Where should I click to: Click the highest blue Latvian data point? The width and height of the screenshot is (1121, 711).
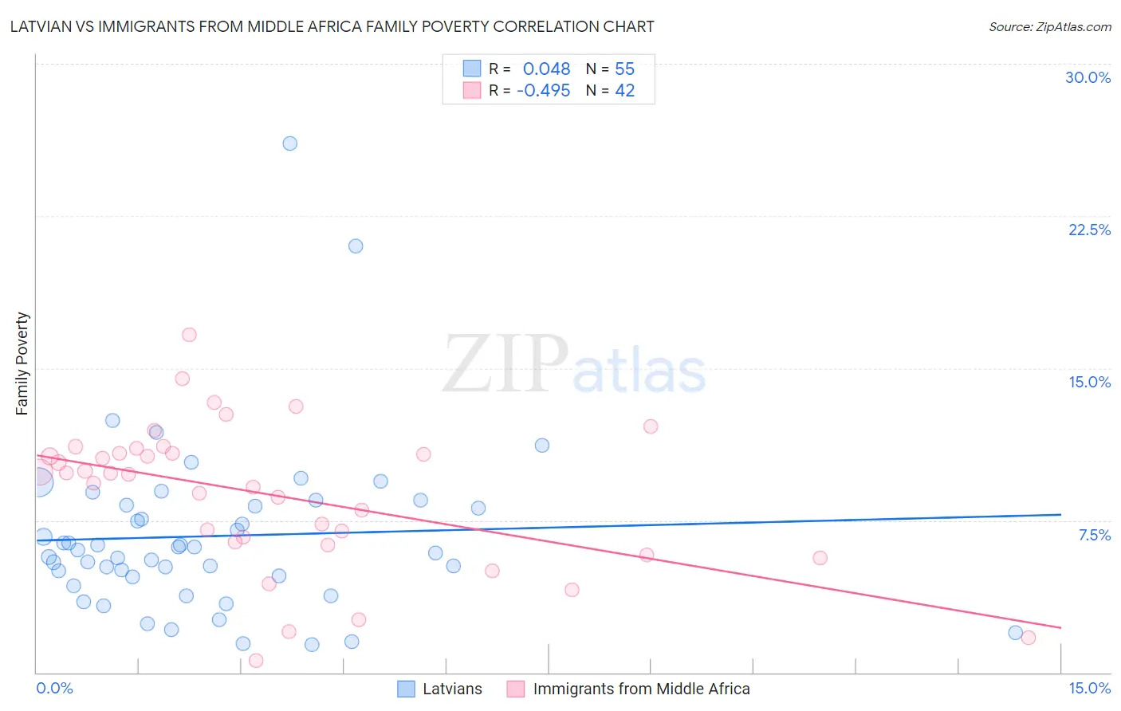tap(290, 143)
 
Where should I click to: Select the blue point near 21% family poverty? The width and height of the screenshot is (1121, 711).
tap(356, 246)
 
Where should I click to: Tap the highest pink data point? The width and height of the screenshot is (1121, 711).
tap(189, 335)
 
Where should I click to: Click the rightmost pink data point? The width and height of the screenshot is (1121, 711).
tap(1029, 638)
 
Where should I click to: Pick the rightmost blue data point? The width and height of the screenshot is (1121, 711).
tap(1015, 633)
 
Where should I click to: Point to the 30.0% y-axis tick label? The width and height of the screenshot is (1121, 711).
tap(1088, 78)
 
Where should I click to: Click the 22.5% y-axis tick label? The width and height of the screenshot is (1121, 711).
tap(1089, 230)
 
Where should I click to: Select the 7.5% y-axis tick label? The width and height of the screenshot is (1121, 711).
tap(1094, 536)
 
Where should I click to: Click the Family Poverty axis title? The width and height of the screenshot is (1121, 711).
tap(22, 363)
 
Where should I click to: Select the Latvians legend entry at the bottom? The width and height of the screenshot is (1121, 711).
tap(452, 689)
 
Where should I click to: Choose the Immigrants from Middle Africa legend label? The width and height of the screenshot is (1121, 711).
tap(641, 689)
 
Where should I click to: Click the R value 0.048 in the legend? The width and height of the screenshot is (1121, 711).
tap(546, 69)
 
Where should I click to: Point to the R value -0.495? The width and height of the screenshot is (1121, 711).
tap(544, 91)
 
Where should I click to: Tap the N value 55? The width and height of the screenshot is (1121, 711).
tap(624, 69)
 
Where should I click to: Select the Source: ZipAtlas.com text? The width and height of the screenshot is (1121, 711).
tap(1049, 27)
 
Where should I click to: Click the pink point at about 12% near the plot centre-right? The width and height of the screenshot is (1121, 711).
tap(651, 426)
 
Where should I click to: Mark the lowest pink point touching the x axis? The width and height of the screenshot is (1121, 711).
tap(256, 661)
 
